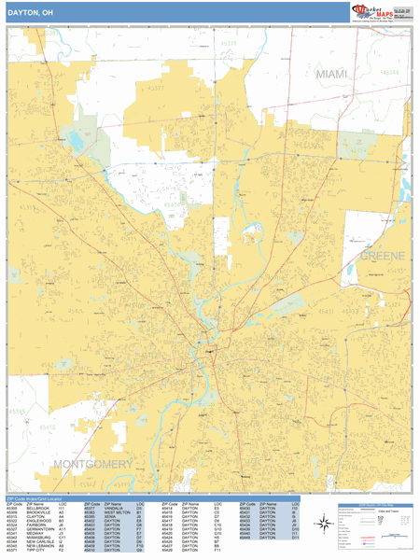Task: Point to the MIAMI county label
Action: click(x=330, y=74)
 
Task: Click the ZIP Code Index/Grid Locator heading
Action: click(x=38, y=499)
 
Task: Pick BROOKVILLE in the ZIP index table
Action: click(x=38, y=513)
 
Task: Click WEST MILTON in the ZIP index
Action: click(x=118, y=513)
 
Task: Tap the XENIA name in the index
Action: click(x=110, y=518)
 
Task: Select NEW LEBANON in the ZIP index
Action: click(x=40, y=546)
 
